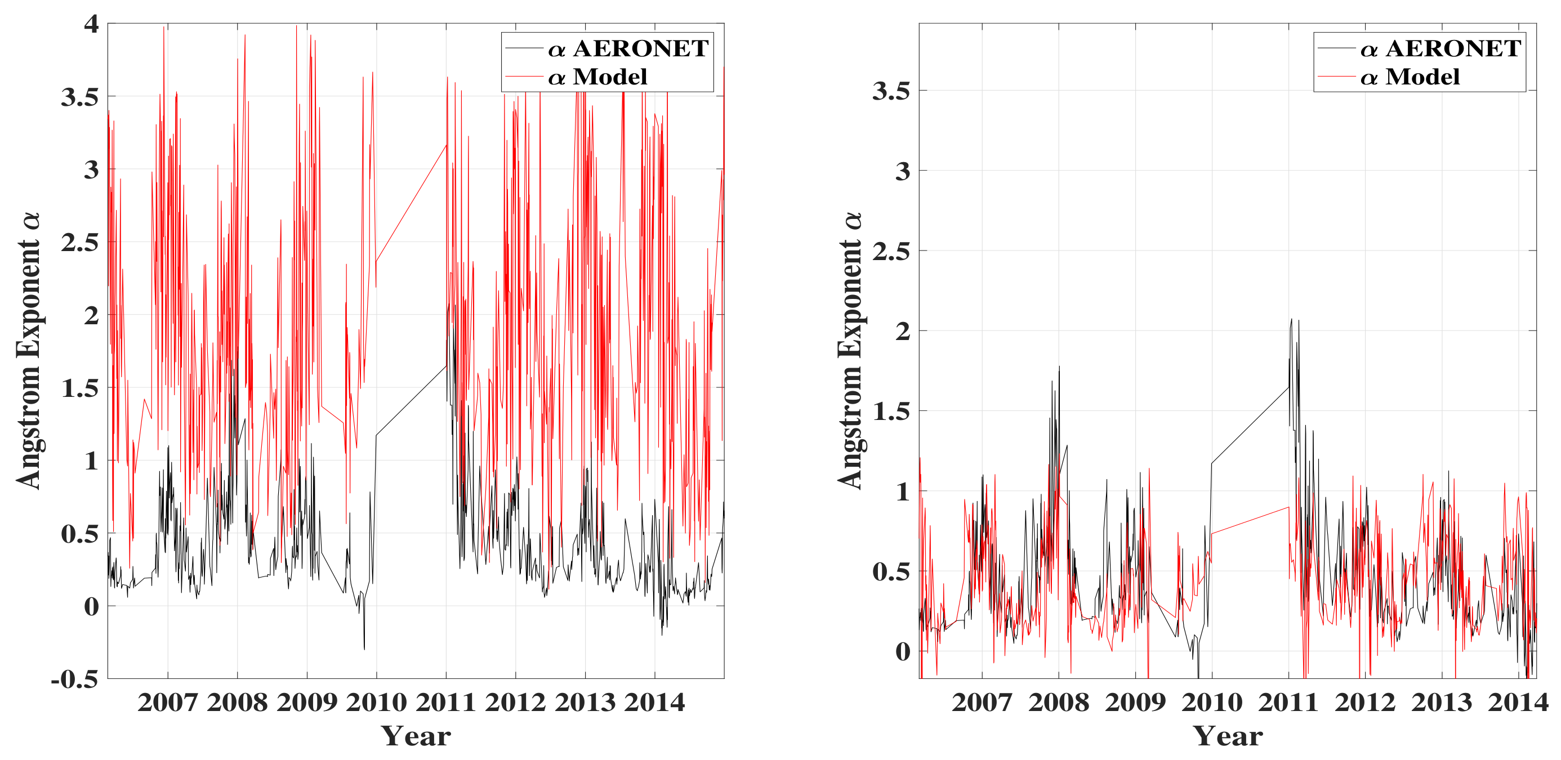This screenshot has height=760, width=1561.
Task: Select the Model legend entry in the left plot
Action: (x=597, y=77)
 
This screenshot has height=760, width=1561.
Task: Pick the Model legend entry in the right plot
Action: (x=1410, y=77)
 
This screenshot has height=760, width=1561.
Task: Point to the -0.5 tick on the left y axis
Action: (x=74, y=679)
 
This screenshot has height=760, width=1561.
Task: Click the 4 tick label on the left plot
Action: (x=91, y=24)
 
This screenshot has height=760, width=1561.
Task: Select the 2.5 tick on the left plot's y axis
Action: (x=80, y=242)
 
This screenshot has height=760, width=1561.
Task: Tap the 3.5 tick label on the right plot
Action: (x=891, y=91)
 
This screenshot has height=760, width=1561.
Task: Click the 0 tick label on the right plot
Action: (x=903, y=651)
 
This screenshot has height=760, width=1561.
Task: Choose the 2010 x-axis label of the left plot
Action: (x=376, y=703)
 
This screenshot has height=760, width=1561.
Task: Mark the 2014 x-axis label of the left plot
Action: (x=654, y=703)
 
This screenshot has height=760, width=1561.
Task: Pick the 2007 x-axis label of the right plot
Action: (x=982, y=703)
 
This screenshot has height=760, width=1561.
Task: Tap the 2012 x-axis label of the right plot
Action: (x=1364, y=703)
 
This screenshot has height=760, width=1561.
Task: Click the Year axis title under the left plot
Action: (x=416, y=736)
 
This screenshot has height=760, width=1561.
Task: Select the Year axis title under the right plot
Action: (x=1228, y=736)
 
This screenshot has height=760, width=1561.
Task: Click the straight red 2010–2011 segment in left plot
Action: (x=412, y=203)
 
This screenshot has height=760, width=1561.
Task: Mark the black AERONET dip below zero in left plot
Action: (x=364, y=648)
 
